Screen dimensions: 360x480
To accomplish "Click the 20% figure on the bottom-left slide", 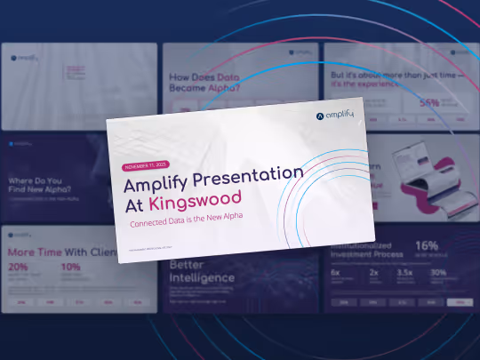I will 18,267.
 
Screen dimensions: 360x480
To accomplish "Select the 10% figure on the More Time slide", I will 70,267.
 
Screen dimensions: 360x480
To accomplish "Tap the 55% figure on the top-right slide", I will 430,102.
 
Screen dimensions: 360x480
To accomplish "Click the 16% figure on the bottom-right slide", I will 427,246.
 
